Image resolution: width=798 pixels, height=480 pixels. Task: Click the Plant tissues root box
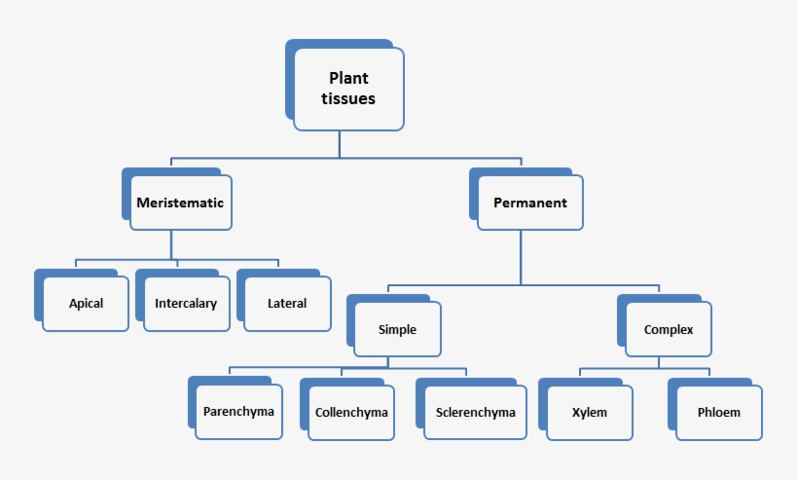click(x=348, y=89)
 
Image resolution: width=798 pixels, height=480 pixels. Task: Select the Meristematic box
click(x=180, y=203)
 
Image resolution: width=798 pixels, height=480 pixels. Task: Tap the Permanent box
click(x=530, y=203)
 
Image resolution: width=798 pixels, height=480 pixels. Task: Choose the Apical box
click(x=86, y=303)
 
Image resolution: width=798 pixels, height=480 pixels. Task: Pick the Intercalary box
click(x=185, y=303)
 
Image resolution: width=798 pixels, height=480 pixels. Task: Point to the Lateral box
click(x=287, y=303)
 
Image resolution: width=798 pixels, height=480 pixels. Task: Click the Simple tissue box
click(x=397, y=329)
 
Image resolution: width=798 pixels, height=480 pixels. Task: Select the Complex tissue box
click(x=669, y=329)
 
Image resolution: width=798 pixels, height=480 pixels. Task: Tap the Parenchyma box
click(x=238, y=411)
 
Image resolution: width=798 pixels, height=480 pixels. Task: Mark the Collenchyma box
click(x=351, y=412)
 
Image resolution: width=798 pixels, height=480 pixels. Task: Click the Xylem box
click(x=590, y=412)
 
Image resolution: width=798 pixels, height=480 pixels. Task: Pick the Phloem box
click(x=718, y=412)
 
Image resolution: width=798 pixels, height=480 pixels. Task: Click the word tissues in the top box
click(x=348, y=98)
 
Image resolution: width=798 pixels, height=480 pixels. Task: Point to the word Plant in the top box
click(x=348, y=78)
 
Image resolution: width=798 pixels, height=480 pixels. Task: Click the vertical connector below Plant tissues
click(x=340, y=144)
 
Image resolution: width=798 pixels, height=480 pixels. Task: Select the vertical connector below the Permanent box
click(x=521, y=258)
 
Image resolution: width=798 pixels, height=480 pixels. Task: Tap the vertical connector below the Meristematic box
click(x=171, y=245)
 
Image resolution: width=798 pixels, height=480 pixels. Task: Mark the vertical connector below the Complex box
click(x=659, y=363)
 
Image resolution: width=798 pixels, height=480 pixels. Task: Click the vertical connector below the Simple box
click(x=387, y=363)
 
